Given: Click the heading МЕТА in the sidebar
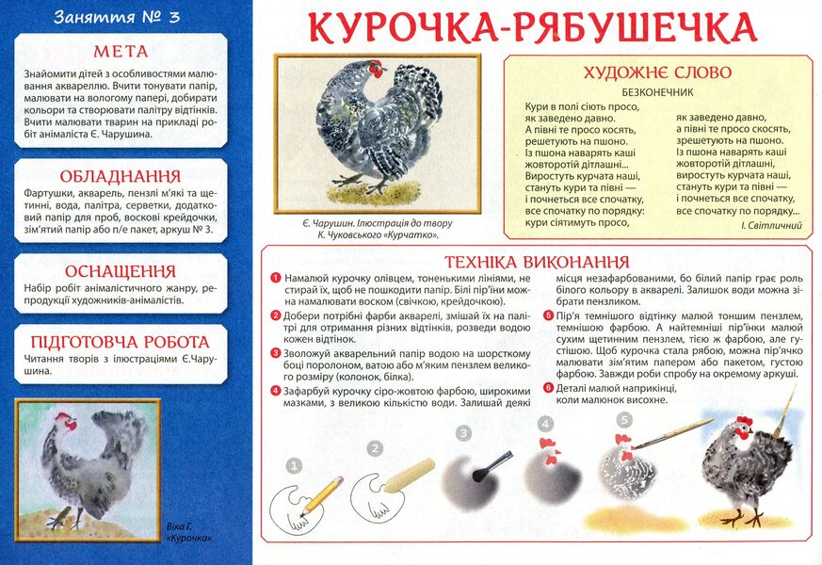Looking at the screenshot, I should point(120,51).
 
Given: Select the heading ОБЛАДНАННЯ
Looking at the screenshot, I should point(120,176).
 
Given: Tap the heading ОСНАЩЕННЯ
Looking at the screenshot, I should point(120,270).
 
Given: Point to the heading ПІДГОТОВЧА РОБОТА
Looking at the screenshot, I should point(120,342).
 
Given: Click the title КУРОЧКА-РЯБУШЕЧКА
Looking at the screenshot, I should point(533,28).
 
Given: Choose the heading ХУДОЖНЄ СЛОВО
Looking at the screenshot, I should point(657,73).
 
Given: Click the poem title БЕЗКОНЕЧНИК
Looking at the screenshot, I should point(657,92).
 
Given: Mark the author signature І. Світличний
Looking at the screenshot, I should point(771,226).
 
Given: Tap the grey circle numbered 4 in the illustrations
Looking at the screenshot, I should point(545,423).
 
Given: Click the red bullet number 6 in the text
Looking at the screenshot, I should point(548,387).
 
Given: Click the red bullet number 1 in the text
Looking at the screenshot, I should point(275,279).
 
